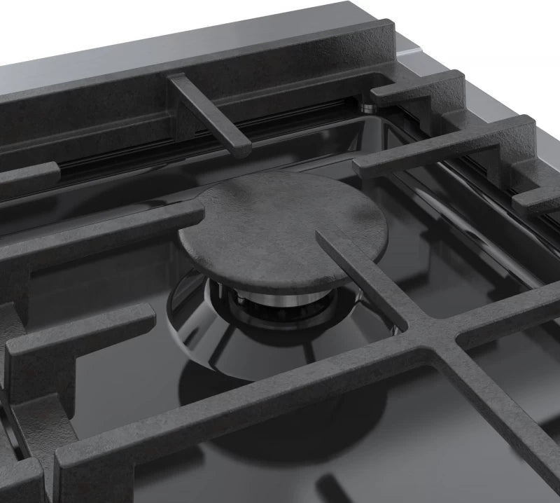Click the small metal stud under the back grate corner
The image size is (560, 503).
coord(367,108)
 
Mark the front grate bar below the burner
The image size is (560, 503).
coord(231,406)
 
